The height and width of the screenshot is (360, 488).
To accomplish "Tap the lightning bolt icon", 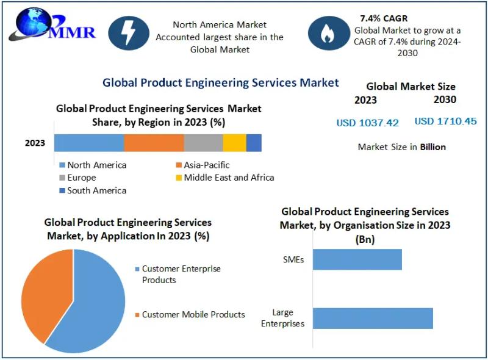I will tap(129, 34).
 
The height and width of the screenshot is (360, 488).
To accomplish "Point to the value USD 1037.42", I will tap(367, 123).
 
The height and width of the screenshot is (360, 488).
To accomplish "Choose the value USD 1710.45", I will tap(445, 121).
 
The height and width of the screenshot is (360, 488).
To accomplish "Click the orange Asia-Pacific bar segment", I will tap(154, 143).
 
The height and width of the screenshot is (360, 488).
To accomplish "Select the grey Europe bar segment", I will tap(203, 143).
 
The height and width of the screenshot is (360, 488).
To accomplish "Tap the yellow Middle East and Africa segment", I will tap(234, 143).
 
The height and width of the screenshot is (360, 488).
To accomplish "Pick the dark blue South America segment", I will tap(254, 143).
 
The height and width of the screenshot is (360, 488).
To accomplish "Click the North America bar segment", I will tap(89, 143).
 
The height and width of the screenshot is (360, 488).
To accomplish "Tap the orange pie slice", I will tap(43, 293).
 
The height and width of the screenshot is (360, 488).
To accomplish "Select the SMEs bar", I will tap(357, 259).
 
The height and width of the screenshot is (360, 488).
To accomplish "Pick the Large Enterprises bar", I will tap(373, 319).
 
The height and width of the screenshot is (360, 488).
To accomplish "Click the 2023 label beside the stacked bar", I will tap(35, 143).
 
